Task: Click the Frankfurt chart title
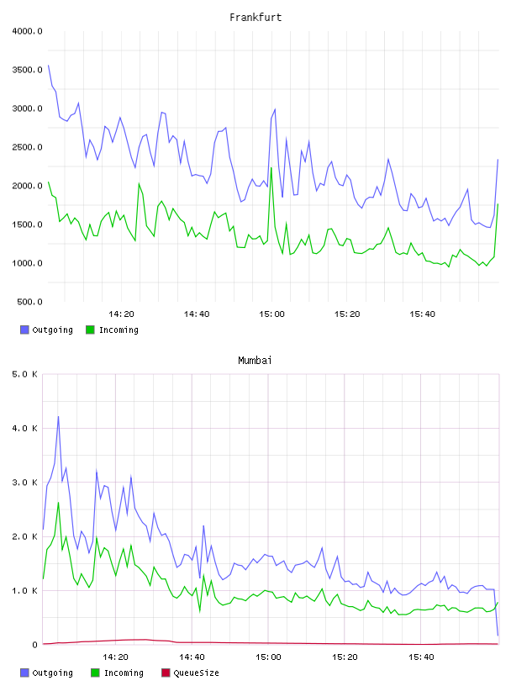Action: point(255,18)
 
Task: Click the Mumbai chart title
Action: point(255,361)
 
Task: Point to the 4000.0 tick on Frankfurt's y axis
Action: point(28,31)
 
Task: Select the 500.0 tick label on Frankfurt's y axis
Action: point(29,302)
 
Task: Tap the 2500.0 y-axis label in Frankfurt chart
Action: point(28,147)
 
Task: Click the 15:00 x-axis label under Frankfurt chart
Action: point(271,314)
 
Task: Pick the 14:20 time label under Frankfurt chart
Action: point(121,314)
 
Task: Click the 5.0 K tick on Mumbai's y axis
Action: point(25,374)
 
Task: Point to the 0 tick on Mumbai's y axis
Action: point(34,645)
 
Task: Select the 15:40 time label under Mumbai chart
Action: point(421,657)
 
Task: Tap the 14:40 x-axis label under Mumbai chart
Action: point(192,657)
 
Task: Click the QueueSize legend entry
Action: point(190,673)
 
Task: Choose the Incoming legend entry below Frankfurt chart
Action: point(113,330)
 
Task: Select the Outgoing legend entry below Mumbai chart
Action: point(47,673)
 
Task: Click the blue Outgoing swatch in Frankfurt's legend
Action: point(24,330)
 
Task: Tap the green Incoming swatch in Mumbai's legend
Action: point(95,673)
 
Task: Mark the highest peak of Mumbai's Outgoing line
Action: point(58,416)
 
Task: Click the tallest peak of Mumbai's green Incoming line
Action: point(58,502)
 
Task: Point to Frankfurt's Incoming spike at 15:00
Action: point(271,167)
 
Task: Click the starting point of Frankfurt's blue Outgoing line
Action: point(48,66)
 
